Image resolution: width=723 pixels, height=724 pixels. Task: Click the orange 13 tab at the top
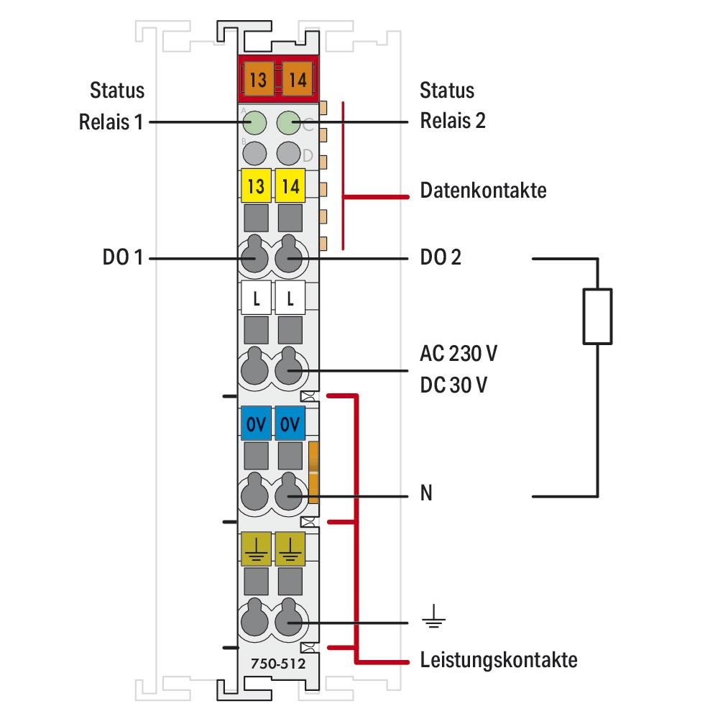point(257,79)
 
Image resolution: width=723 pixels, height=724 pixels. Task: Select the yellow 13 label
point(255,187)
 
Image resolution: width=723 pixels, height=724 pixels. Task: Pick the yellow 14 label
point(290,187)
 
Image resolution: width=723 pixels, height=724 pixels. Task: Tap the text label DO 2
point(441,257)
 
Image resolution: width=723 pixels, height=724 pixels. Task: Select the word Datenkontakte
point(483,191)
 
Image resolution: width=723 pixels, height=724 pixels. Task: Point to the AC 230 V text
point(459,354)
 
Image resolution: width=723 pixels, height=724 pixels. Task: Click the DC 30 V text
point(453,385)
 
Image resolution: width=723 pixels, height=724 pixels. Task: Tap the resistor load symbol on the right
point(597,316)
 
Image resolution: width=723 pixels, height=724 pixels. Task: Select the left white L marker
point(255,298)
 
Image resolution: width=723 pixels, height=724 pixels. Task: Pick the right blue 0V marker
point(290,423)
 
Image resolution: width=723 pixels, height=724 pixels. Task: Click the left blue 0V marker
point(255,423)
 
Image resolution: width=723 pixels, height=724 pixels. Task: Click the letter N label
point(426,495)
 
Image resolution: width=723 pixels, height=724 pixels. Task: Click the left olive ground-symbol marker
point(255,549)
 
